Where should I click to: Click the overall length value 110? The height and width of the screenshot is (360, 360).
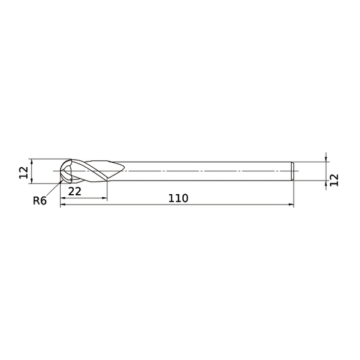tap(177, 198)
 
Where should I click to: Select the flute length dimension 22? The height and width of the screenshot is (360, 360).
tap(75, 191)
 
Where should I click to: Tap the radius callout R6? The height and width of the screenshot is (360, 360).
tap(40, 200)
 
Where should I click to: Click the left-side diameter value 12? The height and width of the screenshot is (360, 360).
tap(23, 172)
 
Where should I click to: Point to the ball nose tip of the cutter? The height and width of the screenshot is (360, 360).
tap(61, 171)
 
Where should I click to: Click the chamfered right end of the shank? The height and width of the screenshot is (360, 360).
tap(292, 171)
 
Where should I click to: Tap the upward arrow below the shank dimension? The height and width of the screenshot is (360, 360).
tap(326, 184)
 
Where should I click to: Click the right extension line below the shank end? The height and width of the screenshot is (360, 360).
tap(294, 194)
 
